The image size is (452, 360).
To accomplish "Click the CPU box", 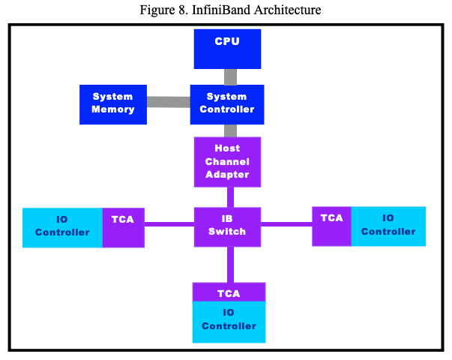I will [x=227, y=49].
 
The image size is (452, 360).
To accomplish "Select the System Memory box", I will [x=112, y=103].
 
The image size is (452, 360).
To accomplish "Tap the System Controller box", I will [x=226, y=103].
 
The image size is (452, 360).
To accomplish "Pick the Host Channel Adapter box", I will [x=227, y=161].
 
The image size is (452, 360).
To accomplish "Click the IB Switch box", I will [x=227, y=226].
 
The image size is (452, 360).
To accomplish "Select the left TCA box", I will [x=123, y=227].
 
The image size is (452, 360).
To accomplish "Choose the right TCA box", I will [x=331, y=226].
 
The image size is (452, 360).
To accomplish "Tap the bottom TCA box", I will [x=229, y=292].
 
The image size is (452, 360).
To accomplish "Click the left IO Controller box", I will [x=62, y=227].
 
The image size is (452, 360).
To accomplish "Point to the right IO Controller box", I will [x=388, y=226].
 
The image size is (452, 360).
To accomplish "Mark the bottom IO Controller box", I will [x=229, y=322].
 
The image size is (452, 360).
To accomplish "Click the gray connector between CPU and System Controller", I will [x=230, y=76].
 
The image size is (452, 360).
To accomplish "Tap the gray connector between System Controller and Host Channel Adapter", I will [x=230, y=130].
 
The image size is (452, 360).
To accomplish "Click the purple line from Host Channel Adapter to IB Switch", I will [x=230, y=196].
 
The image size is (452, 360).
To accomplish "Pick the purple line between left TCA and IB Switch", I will [x=169, y=223].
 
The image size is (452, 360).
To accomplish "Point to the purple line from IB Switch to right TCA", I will [x=286, y=223].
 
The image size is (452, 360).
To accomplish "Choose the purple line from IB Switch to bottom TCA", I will [x=230, y=263].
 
